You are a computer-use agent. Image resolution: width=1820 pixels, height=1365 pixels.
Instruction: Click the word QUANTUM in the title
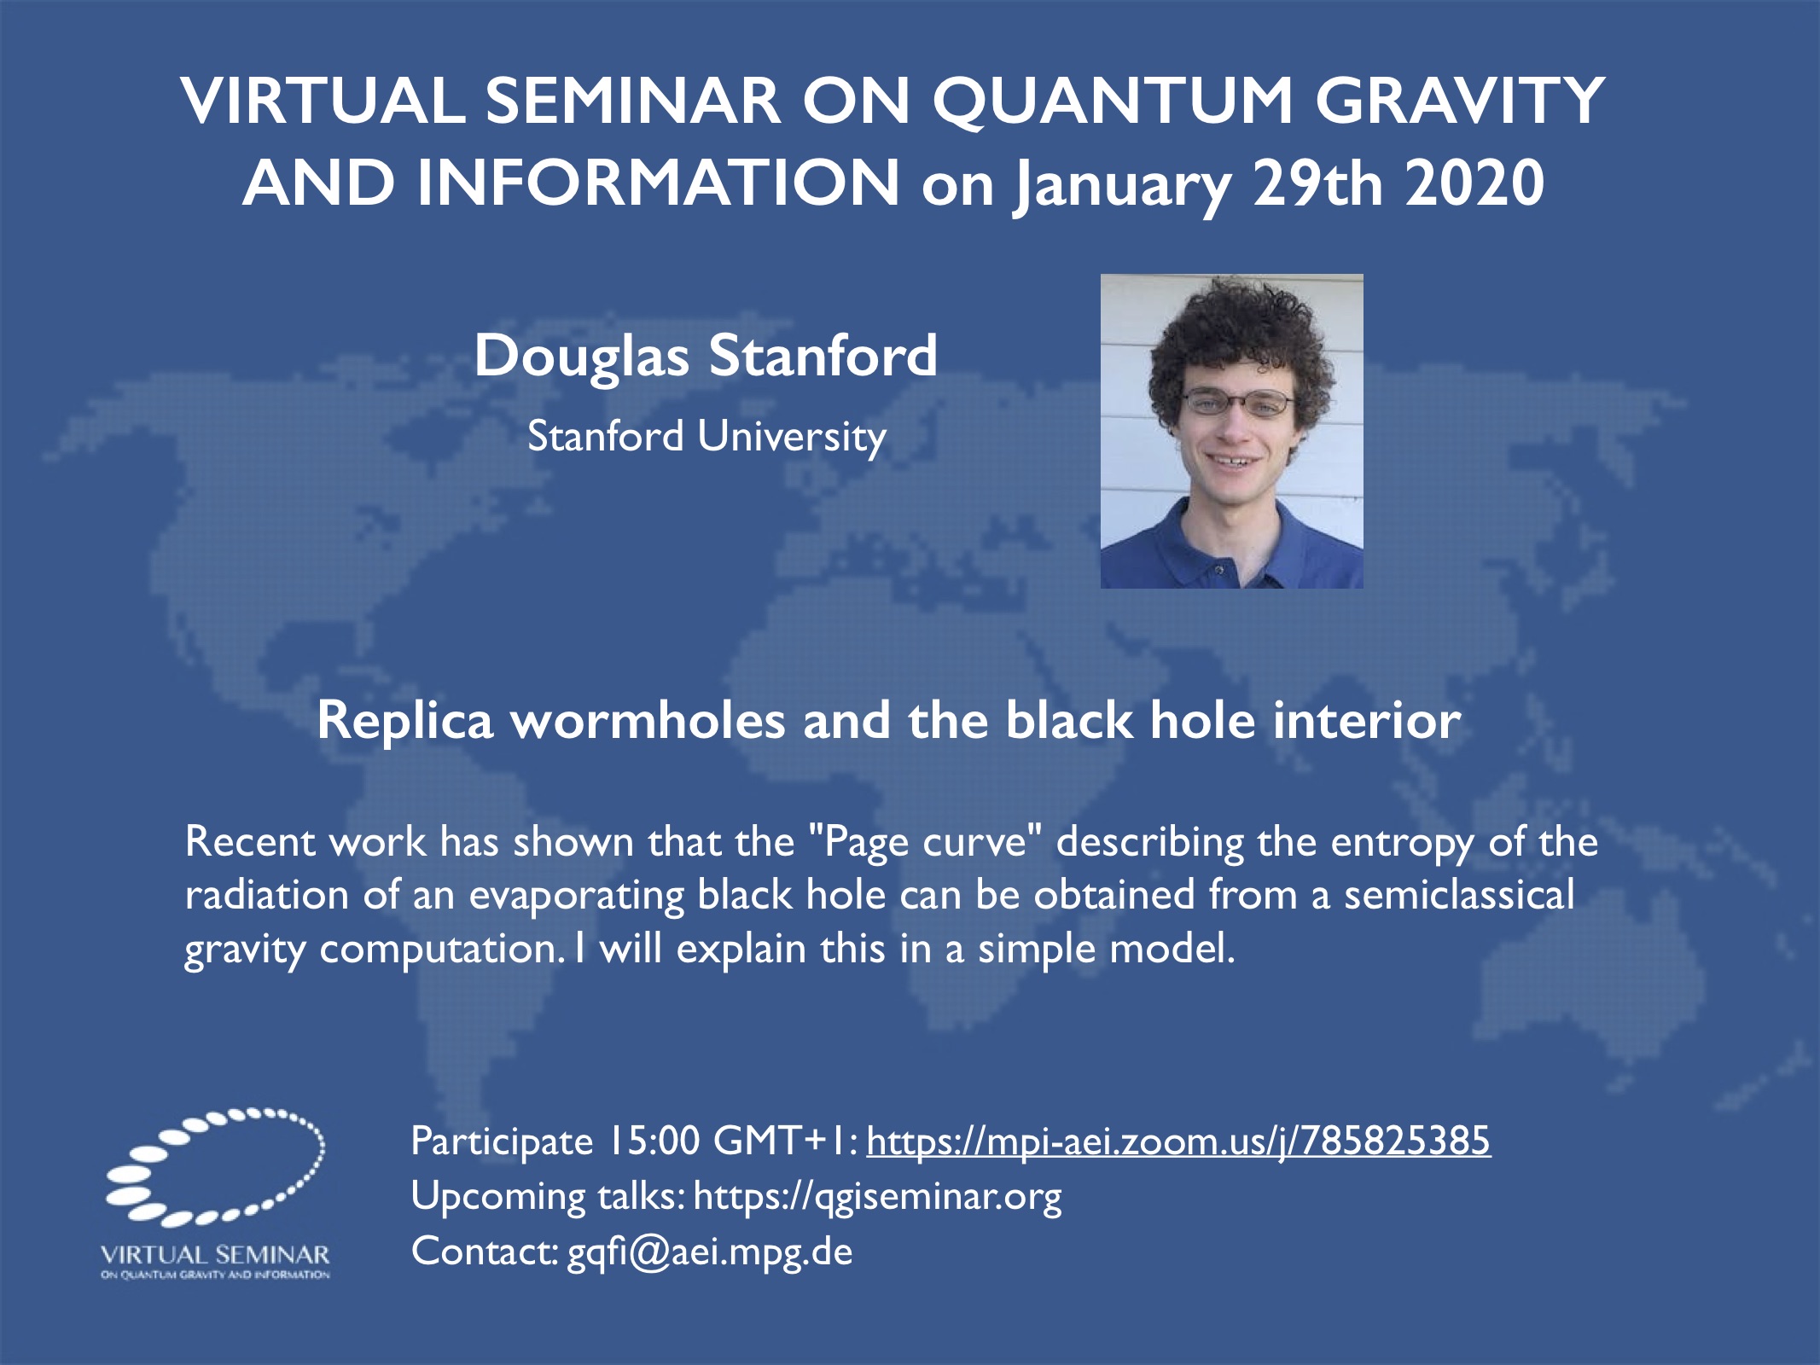click(x=1113, y=101)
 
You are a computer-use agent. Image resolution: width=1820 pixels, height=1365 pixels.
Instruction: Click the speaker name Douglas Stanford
click(x=706, y=355)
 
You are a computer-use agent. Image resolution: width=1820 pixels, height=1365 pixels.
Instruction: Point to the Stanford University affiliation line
click(x=706, y=437)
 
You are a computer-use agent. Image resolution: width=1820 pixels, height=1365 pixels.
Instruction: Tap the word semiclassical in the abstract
click(x=1459, y=895)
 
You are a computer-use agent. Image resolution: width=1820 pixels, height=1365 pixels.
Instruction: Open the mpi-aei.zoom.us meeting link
click(x=1178, y=1141)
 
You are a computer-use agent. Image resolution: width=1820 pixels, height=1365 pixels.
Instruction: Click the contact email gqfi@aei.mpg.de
click(x=710, y=1252)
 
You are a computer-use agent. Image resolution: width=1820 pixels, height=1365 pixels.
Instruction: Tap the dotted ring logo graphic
click(x=214, y=1166)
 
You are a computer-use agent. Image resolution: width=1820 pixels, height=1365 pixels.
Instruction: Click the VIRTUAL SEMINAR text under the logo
click(x=215, y=1255)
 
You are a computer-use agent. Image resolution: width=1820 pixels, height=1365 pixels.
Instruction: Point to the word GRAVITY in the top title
click(x=1461, y=101)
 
